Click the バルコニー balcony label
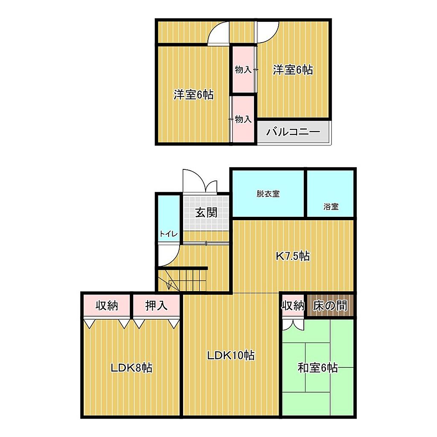(293, 131)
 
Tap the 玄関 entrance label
(206, 213)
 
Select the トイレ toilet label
(168, 234)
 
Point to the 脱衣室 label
(268, 194)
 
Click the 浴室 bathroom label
(331, 207)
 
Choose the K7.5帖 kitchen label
(293, 256)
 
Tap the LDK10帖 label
(231, 355)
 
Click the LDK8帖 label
(131, 368)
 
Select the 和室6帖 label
(318, 368)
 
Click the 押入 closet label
(156, 306)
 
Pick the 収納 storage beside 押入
(107, 306)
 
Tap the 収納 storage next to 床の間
(293, 306)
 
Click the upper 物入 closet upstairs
(243, 70)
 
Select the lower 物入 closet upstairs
(243, 119)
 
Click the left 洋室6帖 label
(193, 95)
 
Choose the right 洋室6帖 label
(293, 70)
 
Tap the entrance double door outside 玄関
(200, 181)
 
